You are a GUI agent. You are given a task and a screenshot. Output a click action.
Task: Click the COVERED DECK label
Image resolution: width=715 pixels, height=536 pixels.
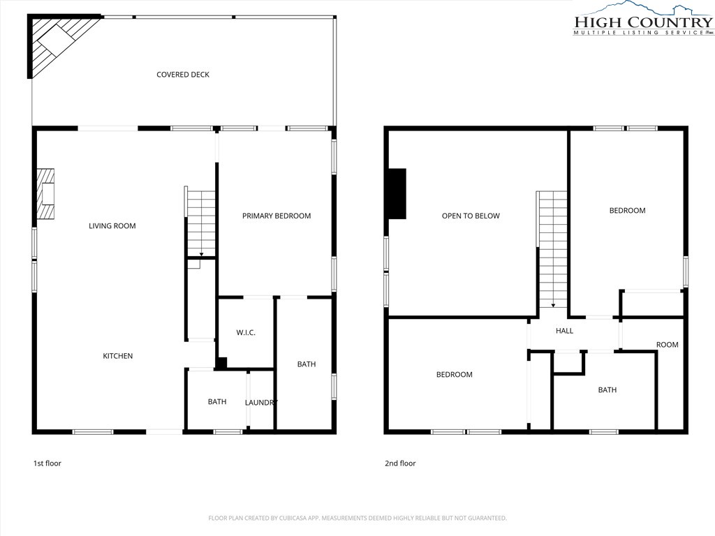183,74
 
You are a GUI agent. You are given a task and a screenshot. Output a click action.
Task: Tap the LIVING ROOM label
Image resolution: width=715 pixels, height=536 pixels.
112,225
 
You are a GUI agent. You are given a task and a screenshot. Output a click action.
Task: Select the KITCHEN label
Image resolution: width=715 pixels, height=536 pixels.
117,356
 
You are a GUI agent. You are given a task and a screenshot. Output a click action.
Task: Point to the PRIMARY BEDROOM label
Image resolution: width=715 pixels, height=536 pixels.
277,216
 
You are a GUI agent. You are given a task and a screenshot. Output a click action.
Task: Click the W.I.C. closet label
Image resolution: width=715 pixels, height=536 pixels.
246,333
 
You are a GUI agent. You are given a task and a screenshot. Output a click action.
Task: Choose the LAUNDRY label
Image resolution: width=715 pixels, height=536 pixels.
261,403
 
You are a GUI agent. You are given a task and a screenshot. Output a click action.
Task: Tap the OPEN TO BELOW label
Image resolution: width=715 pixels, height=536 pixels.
471,216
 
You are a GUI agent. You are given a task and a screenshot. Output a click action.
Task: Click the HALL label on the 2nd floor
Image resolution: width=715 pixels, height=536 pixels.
564,331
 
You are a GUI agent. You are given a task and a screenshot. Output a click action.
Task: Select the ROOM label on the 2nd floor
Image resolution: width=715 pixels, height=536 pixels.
667,345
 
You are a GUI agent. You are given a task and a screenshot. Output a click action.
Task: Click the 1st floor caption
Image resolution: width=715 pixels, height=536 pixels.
47,463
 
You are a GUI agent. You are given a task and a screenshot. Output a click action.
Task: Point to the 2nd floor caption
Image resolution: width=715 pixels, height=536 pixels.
400,463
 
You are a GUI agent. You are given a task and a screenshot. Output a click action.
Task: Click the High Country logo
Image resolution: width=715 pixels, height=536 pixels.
643,18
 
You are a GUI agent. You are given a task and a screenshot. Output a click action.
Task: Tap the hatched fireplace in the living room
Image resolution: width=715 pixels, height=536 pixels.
45,194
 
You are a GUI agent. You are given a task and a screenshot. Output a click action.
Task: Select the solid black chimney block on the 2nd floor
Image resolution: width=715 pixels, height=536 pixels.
397,194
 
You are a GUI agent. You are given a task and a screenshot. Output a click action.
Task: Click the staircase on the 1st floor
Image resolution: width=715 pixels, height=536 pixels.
200,223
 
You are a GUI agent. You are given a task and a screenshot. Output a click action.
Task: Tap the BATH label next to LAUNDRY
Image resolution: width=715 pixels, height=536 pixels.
217,401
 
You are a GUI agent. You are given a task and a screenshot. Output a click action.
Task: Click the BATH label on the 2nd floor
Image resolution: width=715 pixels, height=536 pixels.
607,389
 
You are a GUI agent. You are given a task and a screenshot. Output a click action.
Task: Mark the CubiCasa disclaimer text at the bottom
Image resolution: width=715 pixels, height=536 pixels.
357,519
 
